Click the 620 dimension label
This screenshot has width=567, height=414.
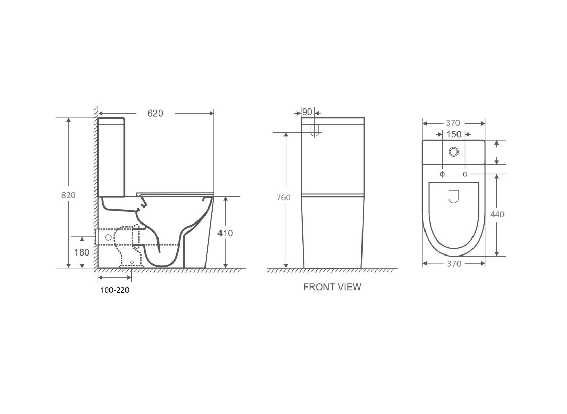pos(155,113)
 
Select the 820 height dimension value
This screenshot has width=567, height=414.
pos(68,195)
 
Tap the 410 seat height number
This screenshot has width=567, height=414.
pos(225,233)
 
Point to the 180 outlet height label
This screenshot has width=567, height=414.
pos(82,252)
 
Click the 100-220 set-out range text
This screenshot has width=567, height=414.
pos(115,290)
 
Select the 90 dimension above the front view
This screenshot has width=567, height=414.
pos(307,113)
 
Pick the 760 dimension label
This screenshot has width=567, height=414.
pos(283,197)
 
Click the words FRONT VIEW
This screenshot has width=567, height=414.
pos(332,287)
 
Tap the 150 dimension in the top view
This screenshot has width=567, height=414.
pos(453,134)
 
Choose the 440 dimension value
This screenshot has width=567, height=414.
pos(497,214)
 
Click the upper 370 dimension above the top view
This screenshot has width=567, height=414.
pos(453,123)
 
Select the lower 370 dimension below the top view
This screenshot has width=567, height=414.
pos(453,264)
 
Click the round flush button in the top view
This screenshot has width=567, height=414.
pos(454,151)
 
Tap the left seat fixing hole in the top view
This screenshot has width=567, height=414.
pos(443,174)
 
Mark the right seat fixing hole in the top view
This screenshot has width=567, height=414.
pos(465,174)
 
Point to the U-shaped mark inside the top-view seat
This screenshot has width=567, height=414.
pos(453,196)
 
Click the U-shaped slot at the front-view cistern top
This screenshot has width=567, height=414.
pos(315,131)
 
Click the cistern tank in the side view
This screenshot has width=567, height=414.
pos(112,157)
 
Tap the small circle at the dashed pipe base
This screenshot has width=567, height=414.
pos(132,262)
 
